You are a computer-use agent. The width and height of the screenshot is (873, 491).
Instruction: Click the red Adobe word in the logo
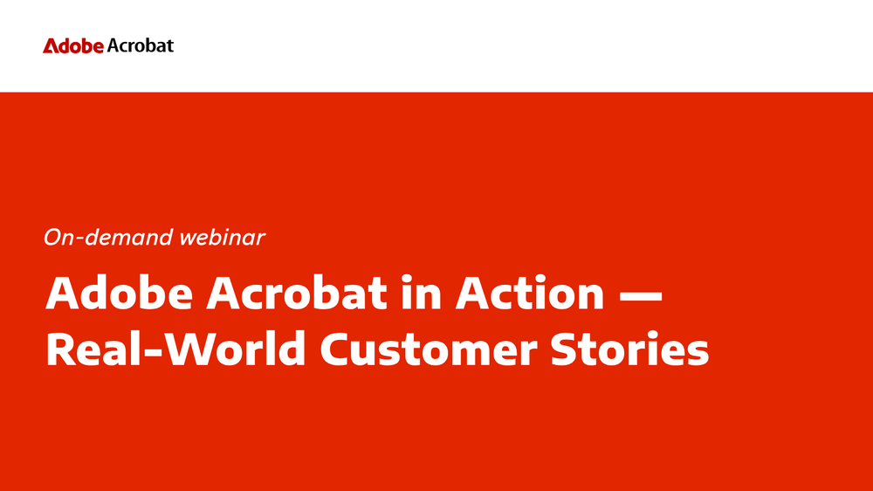click(73, 45)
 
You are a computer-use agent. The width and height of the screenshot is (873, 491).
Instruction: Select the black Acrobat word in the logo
click(141, 45)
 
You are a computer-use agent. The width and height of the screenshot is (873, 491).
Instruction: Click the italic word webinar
click(222, 238)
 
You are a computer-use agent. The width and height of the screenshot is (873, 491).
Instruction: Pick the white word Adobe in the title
click(119, 293)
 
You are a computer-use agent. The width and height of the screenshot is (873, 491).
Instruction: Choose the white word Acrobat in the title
click(296, 293)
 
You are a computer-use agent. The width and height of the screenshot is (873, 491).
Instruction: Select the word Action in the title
click(530, 293)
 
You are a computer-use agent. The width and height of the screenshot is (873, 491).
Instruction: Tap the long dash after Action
click(641, 294)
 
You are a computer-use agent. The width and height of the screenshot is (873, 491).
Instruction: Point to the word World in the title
click(236, 349)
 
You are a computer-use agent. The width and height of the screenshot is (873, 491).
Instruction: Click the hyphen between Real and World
click(157, 352)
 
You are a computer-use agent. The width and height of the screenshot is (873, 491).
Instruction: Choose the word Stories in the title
click(629, 349)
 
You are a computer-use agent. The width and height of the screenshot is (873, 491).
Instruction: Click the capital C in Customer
click(336, 349)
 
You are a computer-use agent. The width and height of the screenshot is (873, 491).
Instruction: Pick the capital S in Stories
click(565, 349)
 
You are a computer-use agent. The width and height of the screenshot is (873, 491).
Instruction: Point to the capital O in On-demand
click(53, 238)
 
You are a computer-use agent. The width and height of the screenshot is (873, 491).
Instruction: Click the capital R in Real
click(61, 349)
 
